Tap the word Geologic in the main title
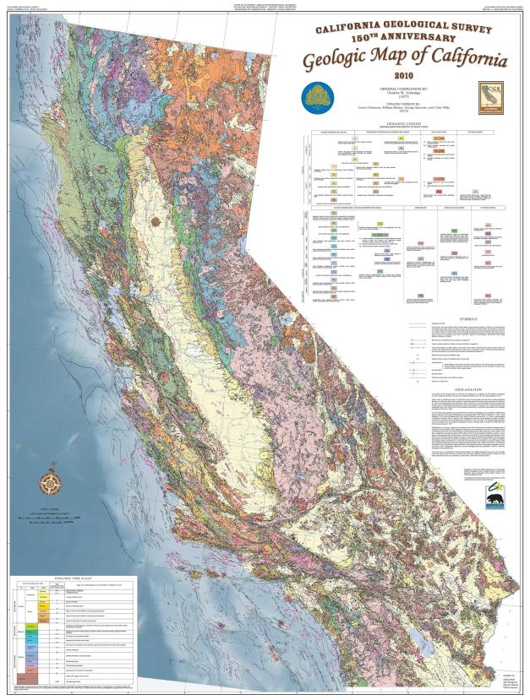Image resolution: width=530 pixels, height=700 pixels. (340, 62)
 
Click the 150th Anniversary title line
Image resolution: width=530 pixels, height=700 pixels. (397, 38)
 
